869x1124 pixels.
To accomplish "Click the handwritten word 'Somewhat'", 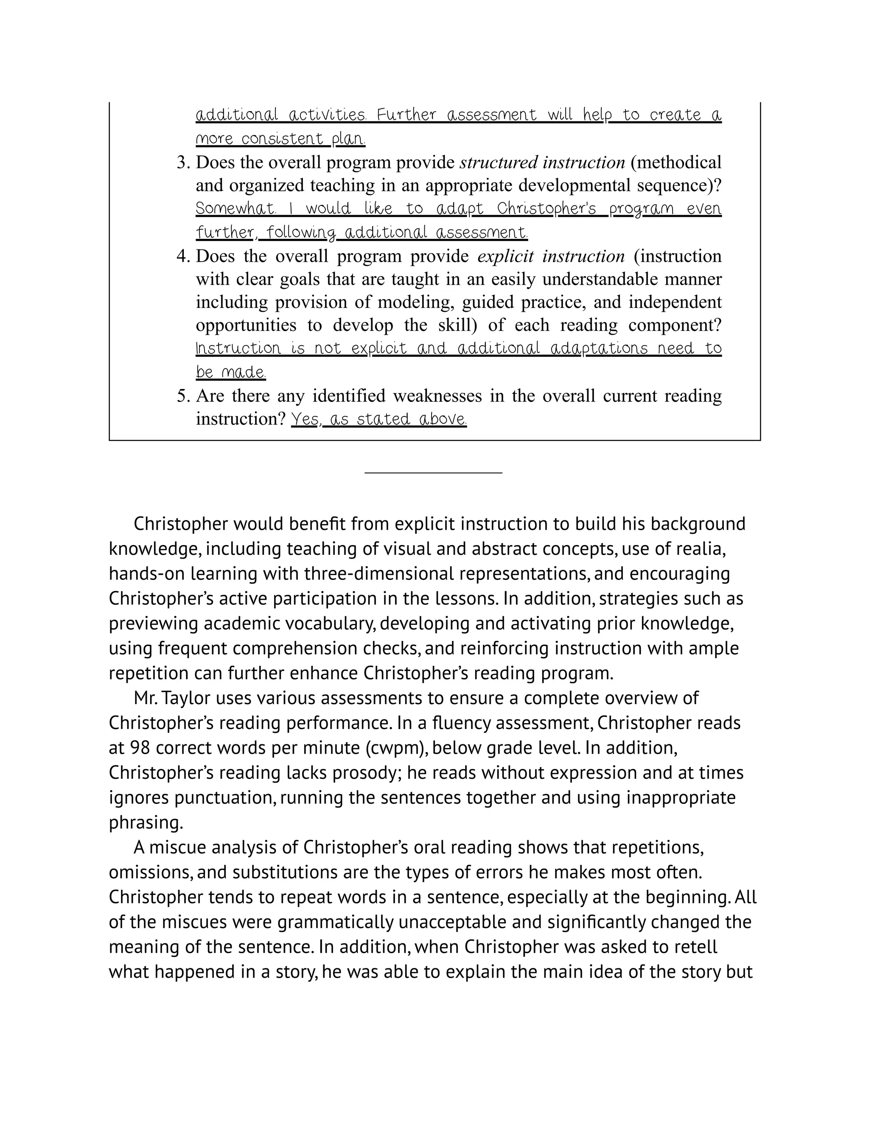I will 235,209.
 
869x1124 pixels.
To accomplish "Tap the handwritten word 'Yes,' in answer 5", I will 306,419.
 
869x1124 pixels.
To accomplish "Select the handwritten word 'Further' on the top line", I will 406,115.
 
